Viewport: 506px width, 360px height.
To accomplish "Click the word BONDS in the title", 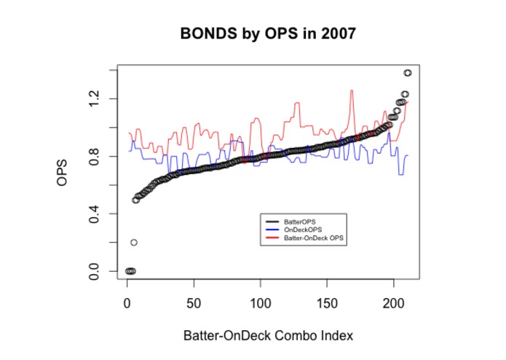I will (205, 34).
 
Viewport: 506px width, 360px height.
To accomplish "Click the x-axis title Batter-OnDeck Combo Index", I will (268, 336).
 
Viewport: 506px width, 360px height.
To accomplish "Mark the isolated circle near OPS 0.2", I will (134, 242).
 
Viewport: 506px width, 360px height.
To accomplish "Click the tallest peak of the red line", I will (352, 91).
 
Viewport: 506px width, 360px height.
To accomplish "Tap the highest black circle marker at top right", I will (408, 73).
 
